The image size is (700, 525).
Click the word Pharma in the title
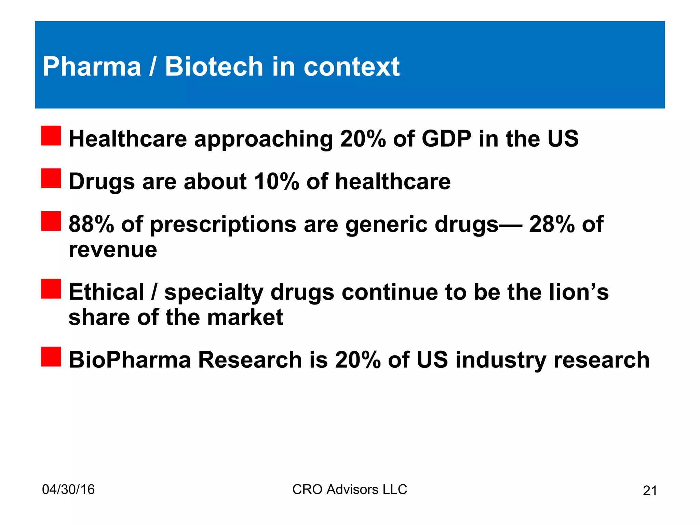point(92,67)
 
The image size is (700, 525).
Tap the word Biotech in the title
point(214,67)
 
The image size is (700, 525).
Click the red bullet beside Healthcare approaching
point(51,136)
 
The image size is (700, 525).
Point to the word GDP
point(446,139)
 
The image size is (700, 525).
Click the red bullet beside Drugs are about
point(51,178)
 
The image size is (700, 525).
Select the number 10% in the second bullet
point(277,181)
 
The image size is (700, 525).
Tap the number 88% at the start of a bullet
point(91,224)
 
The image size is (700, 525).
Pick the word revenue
point(113,250)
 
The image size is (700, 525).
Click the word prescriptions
point(223,225)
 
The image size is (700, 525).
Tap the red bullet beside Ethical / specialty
point(51,289)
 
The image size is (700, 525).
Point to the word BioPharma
point(130,360)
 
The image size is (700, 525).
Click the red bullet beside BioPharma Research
point(51,357)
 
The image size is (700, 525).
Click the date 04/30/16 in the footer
point(68,489)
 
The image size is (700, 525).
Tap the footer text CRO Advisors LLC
point(350,489)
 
